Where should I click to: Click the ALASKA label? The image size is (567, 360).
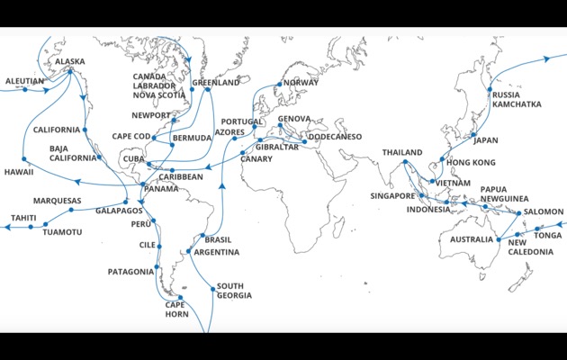(70, 61)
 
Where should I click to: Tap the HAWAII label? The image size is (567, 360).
(19, 171)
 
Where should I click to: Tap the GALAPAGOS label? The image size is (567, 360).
(119, 210)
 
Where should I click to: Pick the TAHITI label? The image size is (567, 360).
(23, 218)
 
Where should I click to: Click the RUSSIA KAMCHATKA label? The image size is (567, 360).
(517, 99)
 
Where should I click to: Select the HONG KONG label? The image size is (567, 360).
(471, 162)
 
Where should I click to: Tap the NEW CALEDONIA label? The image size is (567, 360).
(530, 247)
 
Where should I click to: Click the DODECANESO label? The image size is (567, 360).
(335, 136)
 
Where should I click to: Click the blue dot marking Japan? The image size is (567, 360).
(472, 136)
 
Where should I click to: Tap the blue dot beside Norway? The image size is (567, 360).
(280, 85)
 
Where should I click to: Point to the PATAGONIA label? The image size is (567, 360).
(131, 271)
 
